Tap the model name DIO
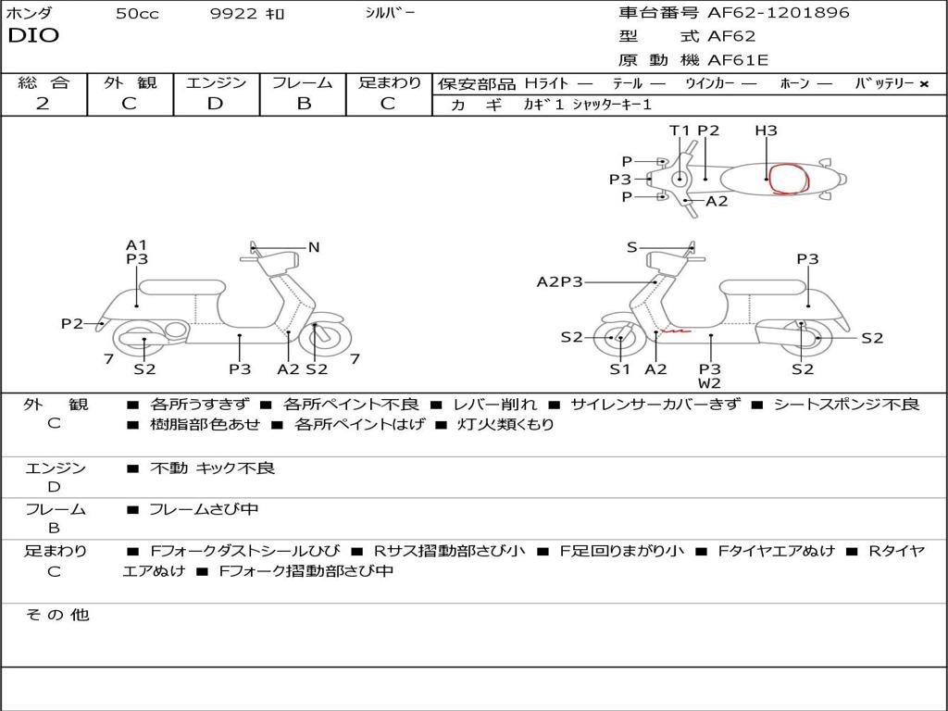[33, 36]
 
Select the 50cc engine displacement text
[137, 14]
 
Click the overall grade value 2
[43, 104]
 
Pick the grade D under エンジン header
[215, 104]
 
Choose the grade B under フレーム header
[303, 104]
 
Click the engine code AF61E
[738, 61]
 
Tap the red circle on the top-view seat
[790, 179]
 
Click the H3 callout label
[766, 131]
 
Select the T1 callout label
[680, 131]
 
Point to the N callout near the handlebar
[314, 247]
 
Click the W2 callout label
[710, 383]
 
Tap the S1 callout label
[619, 369]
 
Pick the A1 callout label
[137, 245]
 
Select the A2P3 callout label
[560, 281]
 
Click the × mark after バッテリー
[923, 83]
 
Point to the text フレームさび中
[204, 509]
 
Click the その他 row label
[57, 615]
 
